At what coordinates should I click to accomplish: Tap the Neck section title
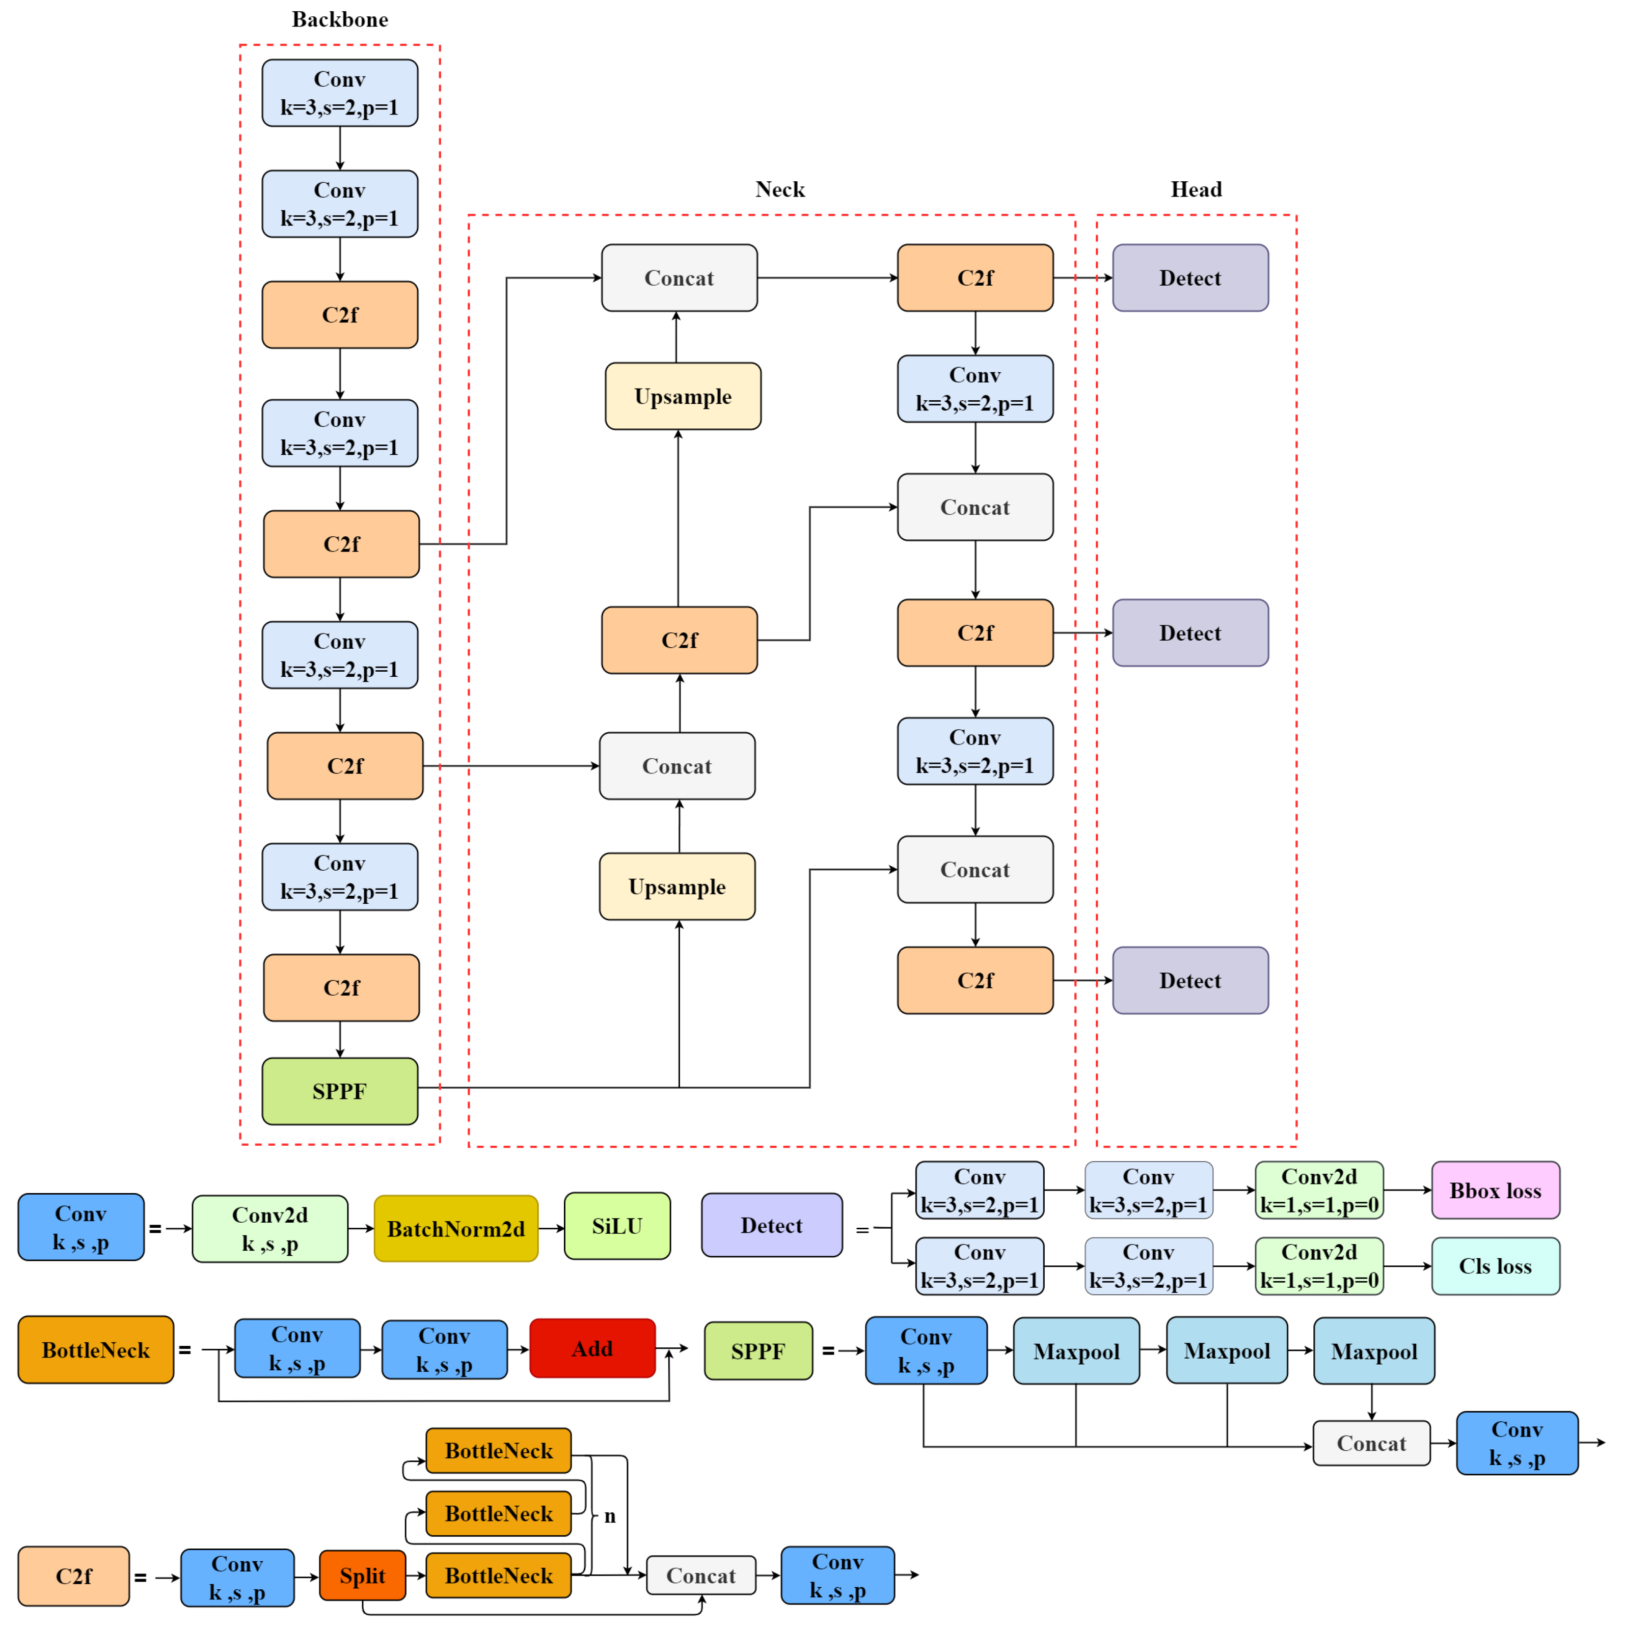(779, 189)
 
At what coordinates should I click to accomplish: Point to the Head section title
(1195, 189)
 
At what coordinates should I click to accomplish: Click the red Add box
(592, 1348)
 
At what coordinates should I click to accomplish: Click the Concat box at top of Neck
(679, 278)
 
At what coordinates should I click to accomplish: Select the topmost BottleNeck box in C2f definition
(498, 1450)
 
